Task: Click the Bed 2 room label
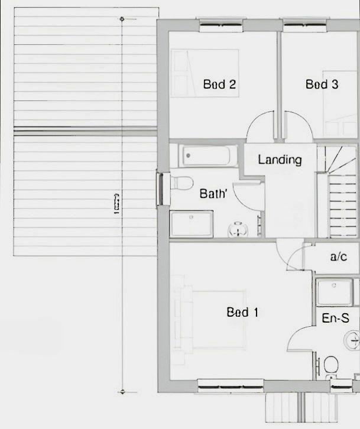click(x=219, y=84)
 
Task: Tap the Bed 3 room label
click(x=322, y=84)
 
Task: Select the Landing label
click(x=280, y=160)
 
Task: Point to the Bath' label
click(x=213, y=193)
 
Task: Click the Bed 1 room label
click(x=242, y=312)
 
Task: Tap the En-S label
click(x=335, y=318)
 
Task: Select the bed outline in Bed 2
click(x=205, y=73)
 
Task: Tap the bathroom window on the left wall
click(x=160, y=188)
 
